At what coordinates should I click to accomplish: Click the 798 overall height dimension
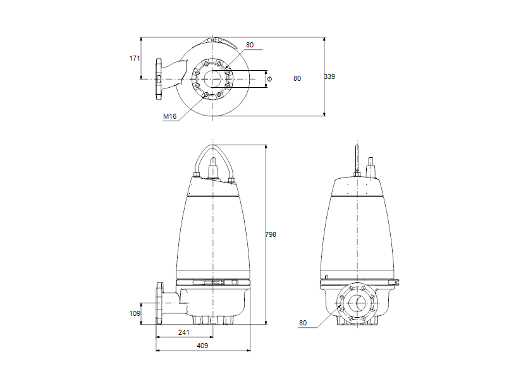271,234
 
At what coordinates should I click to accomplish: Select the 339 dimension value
329,76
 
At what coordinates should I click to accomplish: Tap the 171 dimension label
134,58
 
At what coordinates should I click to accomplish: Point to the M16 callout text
169,116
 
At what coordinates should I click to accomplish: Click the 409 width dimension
202,346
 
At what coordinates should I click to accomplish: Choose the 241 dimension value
183,332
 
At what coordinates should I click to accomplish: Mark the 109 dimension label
134,313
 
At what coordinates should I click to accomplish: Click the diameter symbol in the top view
269,79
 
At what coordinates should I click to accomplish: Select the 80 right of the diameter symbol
297,78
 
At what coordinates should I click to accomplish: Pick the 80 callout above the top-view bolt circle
250,45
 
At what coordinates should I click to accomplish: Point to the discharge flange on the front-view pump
160,304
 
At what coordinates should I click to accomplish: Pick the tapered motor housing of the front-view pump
213,234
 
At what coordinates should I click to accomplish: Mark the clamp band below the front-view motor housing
213,281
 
